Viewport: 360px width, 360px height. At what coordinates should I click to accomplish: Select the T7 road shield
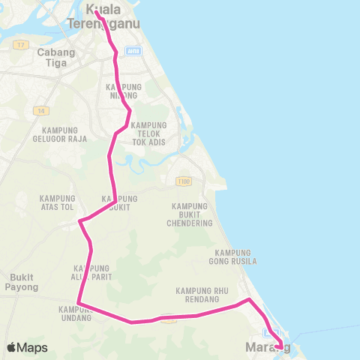pyautogui.click(x=19, y=45)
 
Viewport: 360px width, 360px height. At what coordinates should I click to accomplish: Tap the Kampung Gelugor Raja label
pyautogui.click(x=60, y=133)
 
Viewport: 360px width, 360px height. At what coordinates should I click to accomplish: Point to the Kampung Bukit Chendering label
pyautogui.click(x=192, y=214)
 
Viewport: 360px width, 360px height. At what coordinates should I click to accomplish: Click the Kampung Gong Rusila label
pyautogui.click(x=235, y=256)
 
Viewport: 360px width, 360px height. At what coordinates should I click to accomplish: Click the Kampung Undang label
pyautogui.click(x=75, y=313)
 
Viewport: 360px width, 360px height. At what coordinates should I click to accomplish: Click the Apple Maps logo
pyautogui.click(x=27, y=347)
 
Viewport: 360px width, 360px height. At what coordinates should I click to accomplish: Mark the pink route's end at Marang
pyautogui.click(x=280, y=346)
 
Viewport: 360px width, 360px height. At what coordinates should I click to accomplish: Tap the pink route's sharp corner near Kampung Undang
pyautogui.click(x=79, y=303)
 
